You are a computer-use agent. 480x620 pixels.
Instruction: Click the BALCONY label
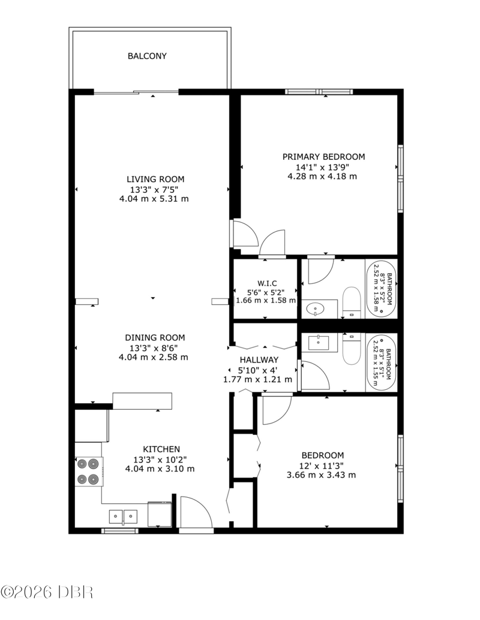click(x=147, y=56)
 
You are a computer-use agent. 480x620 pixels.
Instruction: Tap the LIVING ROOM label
click(x=155, y=179)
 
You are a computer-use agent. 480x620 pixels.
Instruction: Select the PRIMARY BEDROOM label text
click(x=323, y=156)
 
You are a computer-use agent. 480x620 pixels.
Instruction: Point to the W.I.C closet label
click(x=267, y=283)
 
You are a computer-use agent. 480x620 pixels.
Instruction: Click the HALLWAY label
click(x=259, y=360)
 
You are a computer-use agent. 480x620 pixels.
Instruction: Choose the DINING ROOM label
click(x=155, y=338)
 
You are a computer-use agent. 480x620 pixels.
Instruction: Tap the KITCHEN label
click(x=161, y=449)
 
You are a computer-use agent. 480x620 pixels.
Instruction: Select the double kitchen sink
click(x=123, y=516)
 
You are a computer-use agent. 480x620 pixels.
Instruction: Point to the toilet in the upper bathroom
click(x=351, y=303)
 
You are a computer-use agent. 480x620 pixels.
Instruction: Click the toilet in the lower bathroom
click(x=351, y=349)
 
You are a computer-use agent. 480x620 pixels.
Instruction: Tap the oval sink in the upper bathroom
click(x=316, y=308)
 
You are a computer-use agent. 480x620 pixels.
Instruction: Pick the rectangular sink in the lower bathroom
click(x=319, y=343)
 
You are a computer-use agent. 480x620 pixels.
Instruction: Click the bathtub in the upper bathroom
click(x=380, y=289)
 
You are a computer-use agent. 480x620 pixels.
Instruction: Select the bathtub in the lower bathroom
click(x=380, y=362)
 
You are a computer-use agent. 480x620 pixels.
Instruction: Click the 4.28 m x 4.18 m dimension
click(x=322, y=176)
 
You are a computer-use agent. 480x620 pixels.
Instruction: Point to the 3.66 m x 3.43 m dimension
click(x=321, y=475)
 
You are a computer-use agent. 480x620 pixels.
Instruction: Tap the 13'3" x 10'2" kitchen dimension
click(x=160, y=459)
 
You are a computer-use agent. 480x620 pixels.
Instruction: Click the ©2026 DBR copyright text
click(x=47, y=592)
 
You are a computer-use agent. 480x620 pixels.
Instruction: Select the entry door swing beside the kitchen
click(x=196, y=512)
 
